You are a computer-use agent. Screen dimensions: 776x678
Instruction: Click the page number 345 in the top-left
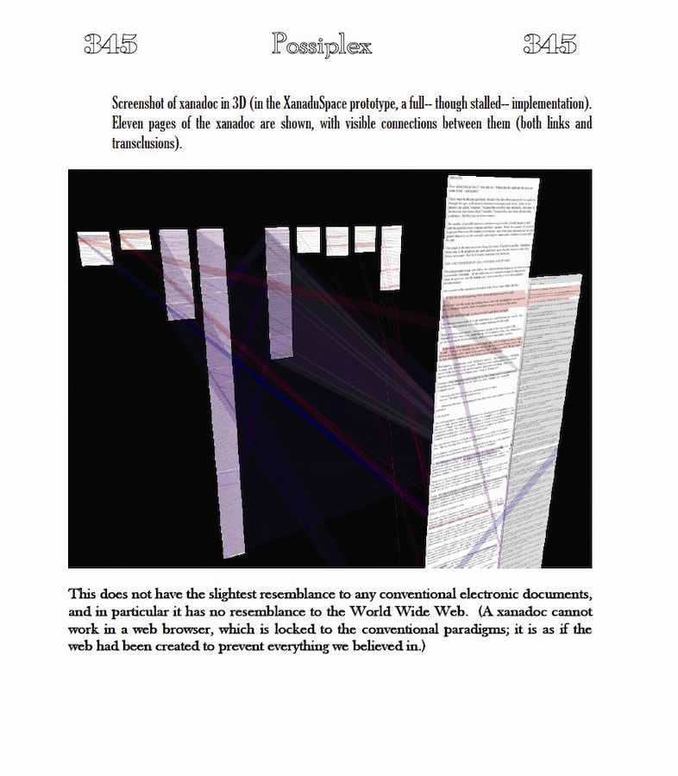pyautogui.click(x=110, y=45)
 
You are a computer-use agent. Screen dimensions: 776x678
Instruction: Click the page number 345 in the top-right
pyautogui.click(x=550, y=45)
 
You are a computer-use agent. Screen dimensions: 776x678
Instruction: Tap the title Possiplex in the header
pyautogui.click(x=322, y=45)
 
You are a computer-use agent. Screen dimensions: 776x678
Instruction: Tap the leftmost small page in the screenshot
pyautogui.click(x=94, y=248)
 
